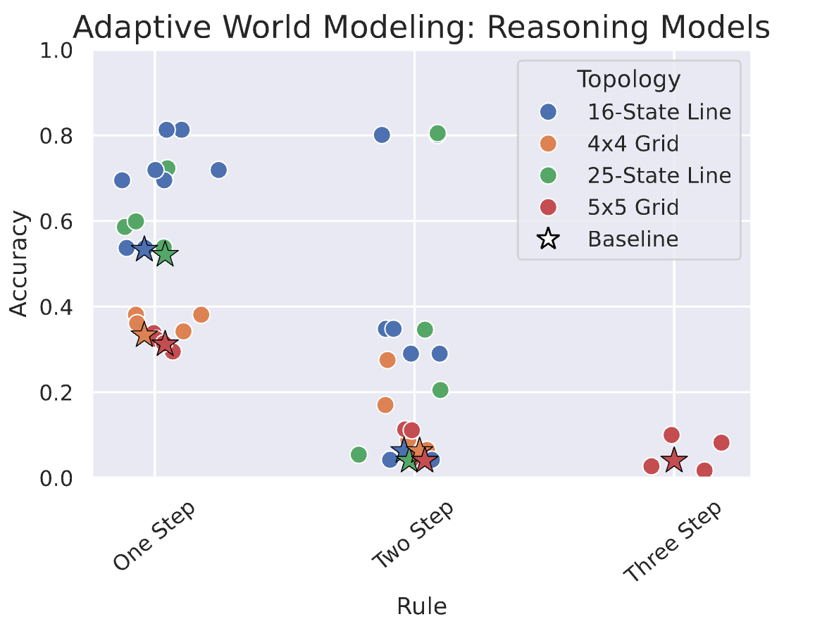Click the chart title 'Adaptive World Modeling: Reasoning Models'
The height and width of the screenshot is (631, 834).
(421, 28)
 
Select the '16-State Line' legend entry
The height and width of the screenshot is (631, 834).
(659, 111)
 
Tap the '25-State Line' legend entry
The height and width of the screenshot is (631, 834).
(659, 175)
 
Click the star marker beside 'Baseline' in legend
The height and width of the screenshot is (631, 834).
(547, 239)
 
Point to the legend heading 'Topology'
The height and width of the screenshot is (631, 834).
(628, 80)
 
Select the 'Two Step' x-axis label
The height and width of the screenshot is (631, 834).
(413, 537)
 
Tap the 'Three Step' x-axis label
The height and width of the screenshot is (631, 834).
(673, 542)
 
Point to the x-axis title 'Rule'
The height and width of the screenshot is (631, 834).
(421, 606)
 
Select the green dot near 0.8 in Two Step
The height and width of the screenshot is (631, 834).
(437, 133)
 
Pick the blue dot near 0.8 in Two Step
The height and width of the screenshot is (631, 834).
(382, 135)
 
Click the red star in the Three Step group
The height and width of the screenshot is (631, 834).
(674, 461)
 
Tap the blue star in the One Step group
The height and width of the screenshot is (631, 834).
(144, 249)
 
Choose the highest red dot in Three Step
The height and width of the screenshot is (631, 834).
(671, 435)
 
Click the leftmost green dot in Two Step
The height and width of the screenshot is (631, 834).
(359, 455)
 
